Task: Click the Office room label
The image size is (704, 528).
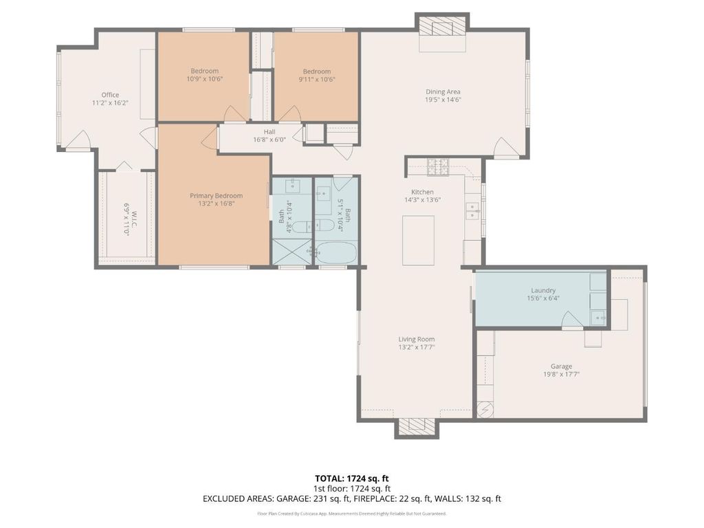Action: click(110, 95)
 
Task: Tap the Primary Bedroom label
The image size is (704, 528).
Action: click(216, 196)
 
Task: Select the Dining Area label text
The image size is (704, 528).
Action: click(443, 91)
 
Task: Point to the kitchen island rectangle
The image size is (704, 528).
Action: click(418, 240)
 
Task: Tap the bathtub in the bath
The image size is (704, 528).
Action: click(335, 253)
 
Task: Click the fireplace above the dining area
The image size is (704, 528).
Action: click(442, 27)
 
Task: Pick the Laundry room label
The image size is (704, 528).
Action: click(543, 291)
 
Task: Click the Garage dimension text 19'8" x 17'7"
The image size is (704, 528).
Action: click(561, 374)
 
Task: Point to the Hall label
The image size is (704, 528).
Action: click(269, 131)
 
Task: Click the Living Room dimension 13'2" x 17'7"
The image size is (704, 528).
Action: click(417, 347)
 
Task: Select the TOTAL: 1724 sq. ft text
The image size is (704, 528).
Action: click(351, 478)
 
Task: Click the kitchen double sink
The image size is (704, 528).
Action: click(472, 211)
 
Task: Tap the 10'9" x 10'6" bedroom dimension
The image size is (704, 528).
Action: click(205, 79)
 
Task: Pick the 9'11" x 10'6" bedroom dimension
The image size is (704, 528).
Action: click(317, 80)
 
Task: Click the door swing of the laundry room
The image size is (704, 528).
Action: click(573, 320)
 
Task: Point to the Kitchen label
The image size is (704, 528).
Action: click(423, 192)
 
